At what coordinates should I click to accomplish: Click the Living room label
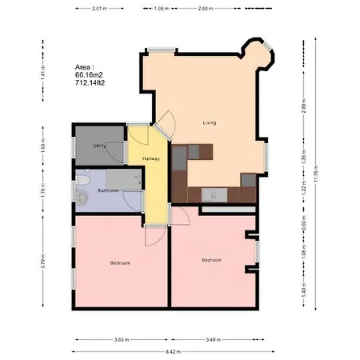(210, 122)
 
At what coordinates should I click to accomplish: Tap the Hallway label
(151, 158)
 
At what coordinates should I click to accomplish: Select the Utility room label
(100, 146)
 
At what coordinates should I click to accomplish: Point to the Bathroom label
(109, 190)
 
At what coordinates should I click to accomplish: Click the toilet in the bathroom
(82, 192)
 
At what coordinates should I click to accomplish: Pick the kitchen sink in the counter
(214, 193)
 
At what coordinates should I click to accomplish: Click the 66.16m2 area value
(85, 74)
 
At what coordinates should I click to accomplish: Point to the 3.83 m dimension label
(120, 340)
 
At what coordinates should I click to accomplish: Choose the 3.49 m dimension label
(214, 340)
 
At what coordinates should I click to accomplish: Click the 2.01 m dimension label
(99, 8)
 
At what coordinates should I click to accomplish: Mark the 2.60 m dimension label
(205, 8)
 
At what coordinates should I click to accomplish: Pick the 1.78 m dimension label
(42, 190)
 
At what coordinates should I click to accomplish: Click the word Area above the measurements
(84, 66)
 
